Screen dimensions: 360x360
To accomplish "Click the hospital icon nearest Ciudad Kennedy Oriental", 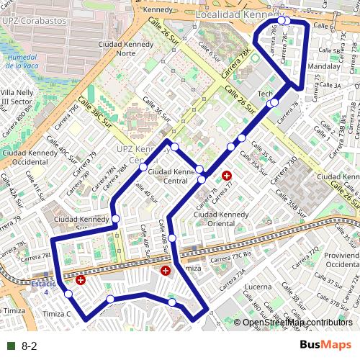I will pyautogui.click(x=227, y=175).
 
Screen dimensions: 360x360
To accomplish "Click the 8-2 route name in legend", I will pyautogui.click(x=30, y=346).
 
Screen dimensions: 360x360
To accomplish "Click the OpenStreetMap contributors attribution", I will pyautogui.click(x=297, y=323).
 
